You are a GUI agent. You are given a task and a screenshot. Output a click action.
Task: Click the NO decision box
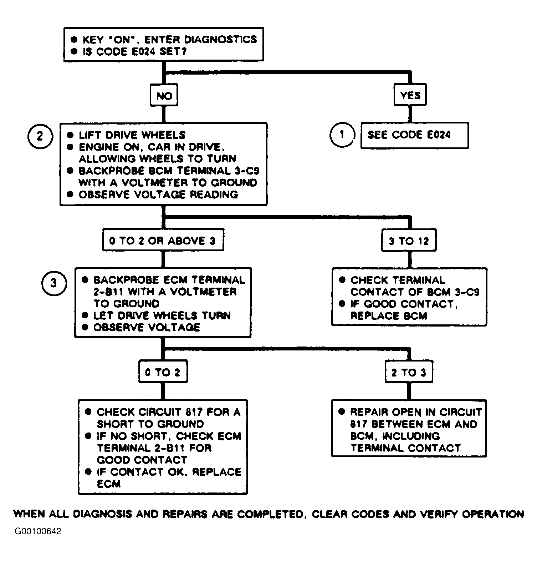pos(164,96)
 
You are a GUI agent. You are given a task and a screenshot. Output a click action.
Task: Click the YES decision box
pos(410,95)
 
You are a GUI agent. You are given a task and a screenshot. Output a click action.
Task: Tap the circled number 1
pos(342,135)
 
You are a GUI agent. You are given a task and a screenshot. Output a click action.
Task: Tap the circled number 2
pos(40,136)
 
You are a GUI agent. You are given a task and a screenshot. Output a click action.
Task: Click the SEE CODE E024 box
pos(414,135)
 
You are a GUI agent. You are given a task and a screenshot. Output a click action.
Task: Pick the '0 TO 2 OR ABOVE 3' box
pos(163,241)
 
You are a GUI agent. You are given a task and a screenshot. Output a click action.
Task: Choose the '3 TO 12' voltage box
pos(409,241)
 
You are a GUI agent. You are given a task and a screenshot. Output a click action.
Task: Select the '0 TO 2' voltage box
pos(163,372)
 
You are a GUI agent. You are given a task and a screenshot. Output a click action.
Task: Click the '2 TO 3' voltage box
pos(409,372)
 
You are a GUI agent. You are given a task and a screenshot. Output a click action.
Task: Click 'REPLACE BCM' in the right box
pos(389,316)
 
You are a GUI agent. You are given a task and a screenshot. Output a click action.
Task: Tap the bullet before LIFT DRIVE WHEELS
pos(71,135)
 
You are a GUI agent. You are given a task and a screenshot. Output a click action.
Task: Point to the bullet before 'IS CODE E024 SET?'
pos(74,51)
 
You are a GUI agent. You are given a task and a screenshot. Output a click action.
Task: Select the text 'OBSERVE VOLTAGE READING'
pos(158,194)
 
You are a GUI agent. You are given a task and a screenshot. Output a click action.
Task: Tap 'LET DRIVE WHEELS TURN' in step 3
pos(162,315)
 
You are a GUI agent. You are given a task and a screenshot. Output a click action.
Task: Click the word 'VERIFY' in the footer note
pos(440,514)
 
